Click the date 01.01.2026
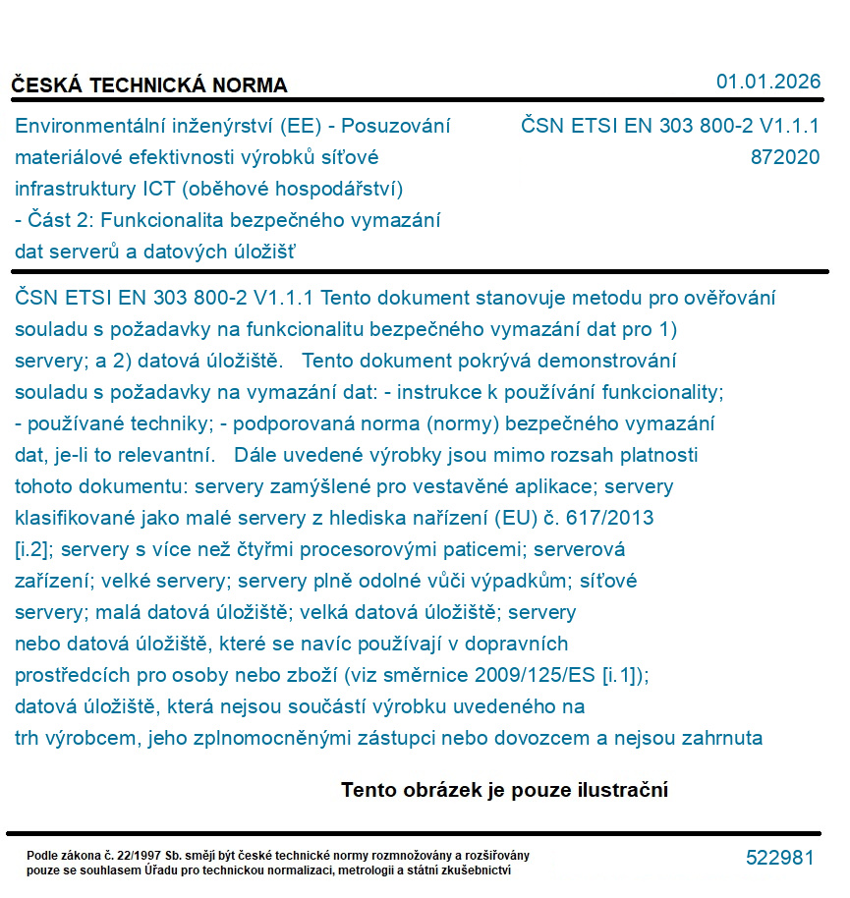tap(767, 82)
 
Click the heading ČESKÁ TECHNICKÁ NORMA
tap(149, 85)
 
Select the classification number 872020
tap(784, 157)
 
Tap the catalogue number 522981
tap(779, 858)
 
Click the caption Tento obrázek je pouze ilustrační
tap(504, 790)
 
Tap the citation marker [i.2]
tap(32, 549)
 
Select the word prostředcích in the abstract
tap(66, 675)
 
